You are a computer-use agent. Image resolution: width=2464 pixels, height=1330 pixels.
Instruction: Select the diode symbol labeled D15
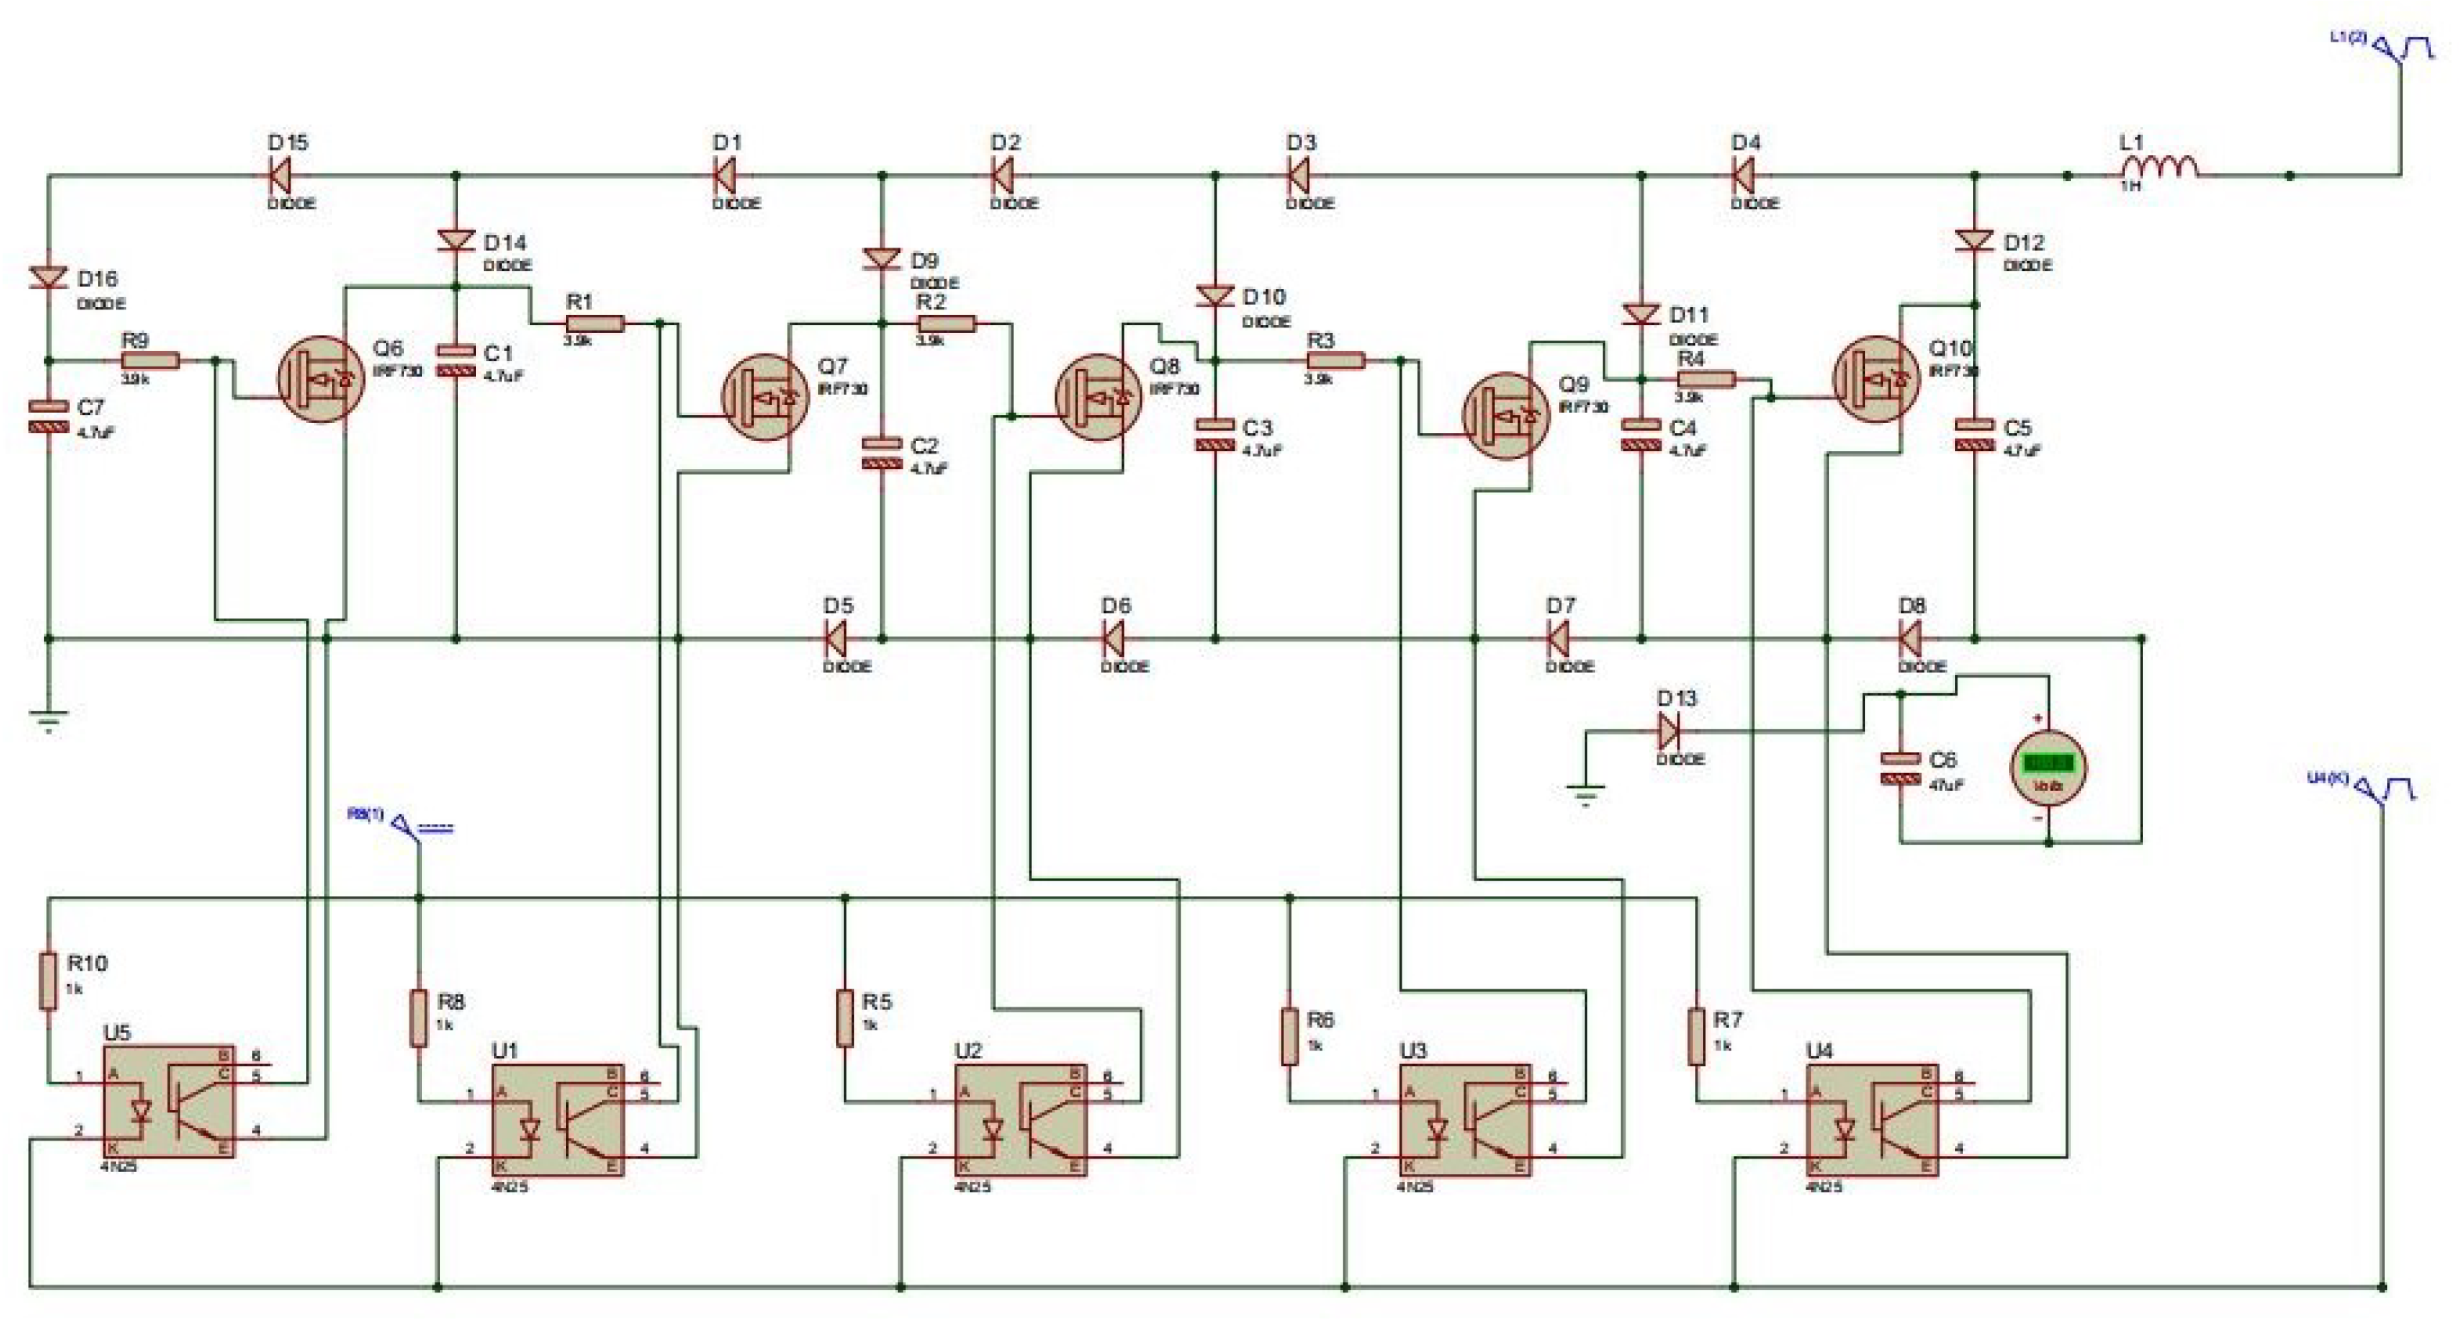(x=279, y=176)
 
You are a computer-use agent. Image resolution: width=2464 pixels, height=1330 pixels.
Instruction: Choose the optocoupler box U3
(x=1464, y=1119)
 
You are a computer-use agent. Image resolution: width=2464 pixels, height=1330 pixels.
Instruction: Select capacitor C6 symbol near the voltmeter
(x=1900, y=768)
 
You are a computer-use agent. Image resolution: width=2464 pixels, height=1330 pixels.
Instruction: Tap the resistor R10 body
(x=48, y=980)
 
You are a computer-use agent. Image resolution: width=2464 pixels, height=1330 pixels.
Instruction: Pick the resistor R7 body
(x=1697, y=1035)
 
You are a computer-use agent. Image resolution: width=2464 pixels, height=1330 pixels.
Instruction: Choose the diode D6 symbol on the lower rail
(x=1113, y=638)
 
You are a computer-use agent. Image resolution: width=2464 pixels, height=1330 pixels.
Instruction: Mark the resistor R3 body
(x=1335, y=361)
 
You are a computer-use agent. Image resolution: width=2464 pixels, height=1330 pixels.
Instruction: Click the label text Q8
(x=1164, y=367)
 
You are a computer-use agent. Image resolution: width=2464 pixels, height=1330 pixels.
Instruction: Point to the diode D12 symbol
(x=1975, y=240)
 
